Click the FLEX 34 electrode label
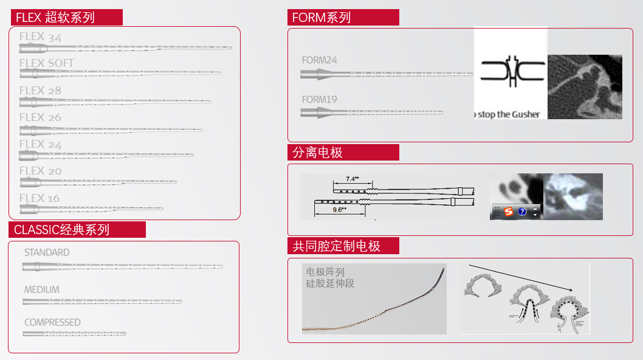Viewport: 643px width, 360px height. [40, 37]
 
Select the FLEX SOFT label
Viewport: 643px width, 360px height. [46, 63]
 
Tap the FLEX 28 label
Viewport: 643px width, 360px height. [40, 91]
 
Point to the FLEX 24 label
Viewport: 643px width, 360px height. [40, 144]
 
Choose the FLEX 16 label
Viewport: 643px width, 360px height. [40, 198]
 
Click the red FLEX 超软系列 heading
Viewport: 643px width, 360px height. [66, 18]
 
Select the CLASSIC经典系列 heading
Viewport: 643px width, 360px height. [77, 230]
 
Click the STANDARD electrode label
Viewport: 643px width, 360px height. [47, 252]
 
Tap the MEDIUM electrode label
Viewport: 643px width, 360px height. [42, 290]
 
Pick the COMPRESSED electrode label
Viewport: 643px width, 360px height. [52, 322]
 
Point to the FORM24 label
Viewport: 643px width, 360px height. [319, 60]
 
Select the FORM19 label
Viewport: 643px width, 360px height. [319, 100]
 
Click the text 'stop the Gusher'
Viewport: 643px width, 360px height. [509, 114]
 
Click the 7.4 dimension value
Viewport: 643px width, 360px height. [352, 179]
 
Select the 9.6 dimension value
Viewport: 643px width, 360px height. [339, 209]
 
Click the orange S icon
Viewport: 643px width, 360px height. [509, 212]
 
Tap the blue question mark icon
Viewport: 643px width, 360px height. [522, 212]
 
